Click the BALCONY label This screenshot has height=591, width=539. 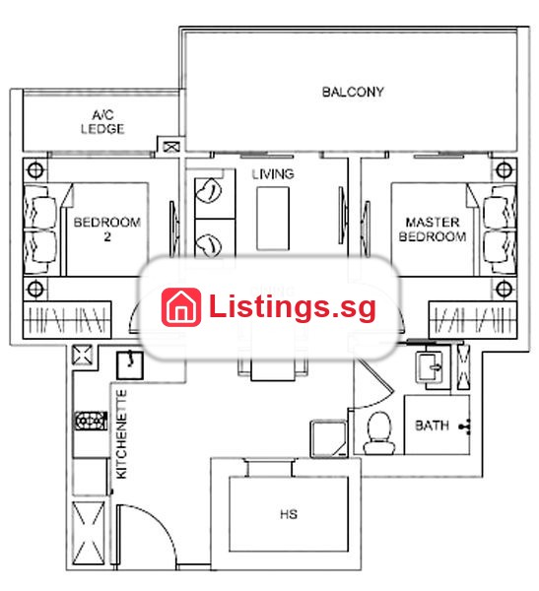click(x=353, y=92)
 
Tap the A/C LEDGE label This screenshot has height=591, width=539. click(x=102, y=122)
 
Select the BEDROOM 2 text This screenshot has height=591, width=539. click(x=107, y=229)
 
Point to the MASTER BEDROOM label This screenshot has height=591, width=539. click(x=433, y=230)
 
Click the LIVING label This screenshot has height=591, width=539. click(x=273, y=174)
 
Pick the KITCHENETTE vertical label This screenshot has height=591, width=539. click(x=121, y=433)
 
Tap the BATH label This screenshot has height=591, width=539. click(x=432, y=426)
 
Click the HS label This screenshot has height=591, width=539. click(x=289, y=514)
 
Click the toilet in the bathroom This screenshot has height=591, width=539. click(x=379, y=432)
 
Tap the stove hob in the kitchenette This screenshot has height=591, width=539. click(x=91, y=421)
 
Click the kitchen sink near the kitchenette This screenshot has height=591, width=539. click(x=129, y=364)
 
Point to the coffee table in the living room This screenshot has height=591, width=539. click(x=273, y=219)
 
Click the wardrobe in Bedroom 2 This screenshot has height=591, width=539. click(x=67, y=319)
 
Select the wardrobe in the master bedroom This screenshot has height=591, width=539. click(x=473, y=319)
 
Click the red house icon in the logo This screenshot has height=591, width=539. click(x=181, y=306)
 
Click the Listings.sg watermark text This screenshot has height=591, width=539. click(x=293, y=307)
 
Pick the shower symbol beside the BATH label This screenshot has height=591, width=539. click(x=465, y=427)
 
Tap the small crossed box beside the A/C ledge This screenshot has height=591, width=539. click(x=170, y=147)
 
